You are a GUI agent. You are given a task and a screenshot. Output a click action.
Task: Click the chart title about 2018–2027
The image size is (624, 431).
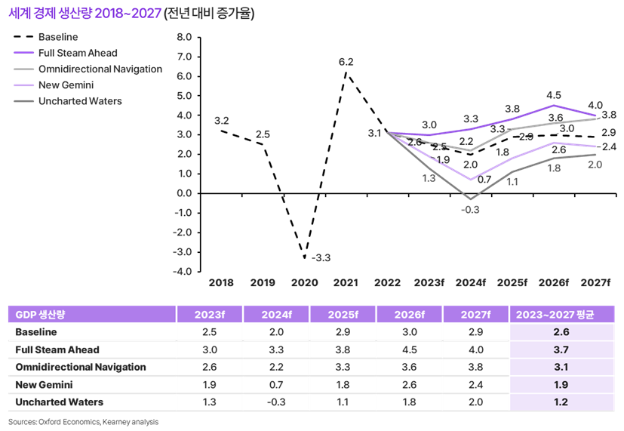click(131, 14)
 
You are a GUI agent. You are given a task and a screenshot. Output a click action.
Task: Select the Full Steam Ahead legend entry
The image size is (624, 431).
click(78, 53)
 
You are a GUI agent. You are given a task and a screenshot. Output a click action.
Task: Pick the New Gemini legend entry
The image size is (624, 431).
click(65, 85)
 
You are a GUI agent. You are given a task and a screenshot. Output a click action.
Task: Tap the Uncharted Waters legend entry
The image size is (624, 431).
click(79, 100)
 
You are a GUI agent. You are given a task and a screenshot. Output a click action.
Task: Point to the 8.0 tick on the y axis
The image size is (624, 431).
click(183, 36)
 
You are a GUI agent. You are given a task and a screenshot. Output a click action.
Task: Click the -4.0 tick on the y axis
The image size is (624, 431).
click(182, 271)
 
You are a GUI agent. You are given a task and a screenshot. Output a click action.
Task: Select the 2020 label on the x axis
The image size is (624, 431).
click(304, 283)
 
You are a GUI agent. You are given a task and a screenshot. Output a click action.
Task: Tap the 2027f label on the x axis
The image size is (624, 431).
click(595, 283)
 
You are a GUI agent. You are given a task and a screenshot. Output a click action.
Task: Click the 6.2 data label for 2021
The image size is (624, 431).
click(346, 62)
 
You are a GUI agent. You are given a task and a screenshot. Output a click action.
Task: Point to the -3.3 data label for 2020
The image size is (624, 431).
click(321, 258)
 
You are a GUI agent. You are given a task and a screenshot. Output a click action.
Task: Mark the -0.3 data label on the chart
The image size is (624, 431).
click(471, 209)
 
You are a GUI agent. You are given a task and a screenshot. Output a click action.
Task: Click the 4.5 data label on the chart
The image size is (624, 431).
click(553, 95)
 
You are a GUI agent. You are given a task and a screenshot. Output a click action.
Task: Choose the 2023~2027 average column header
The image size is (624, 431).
click(562, 314)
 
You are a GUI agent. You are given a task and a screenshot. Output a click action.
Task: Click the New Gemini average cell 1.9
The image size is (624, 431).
click(562, 385)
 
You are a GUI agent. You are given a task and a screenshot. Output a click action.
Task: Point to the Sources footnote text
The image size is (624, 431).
click(84, 422)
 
